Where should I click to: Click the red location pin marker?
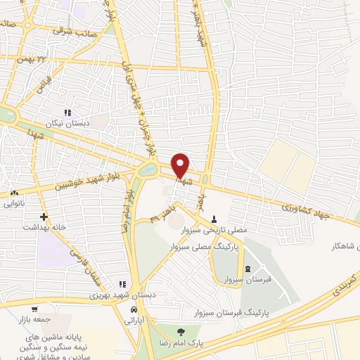click(181, 166)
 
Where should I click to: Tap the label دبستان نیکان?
click(70, 124)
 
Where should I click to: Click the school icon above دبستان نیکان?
click(68, 112)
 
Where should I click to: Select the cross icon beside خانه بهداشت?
click(44, 217)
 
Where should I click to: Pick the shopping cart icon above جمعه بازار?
click(34, 309)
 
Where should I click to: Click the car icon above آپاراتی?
click(134, 309)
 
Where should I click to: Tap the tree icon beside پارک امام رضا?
click(181, 332)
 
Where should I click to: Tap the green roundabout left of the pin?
click(148, 169)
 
